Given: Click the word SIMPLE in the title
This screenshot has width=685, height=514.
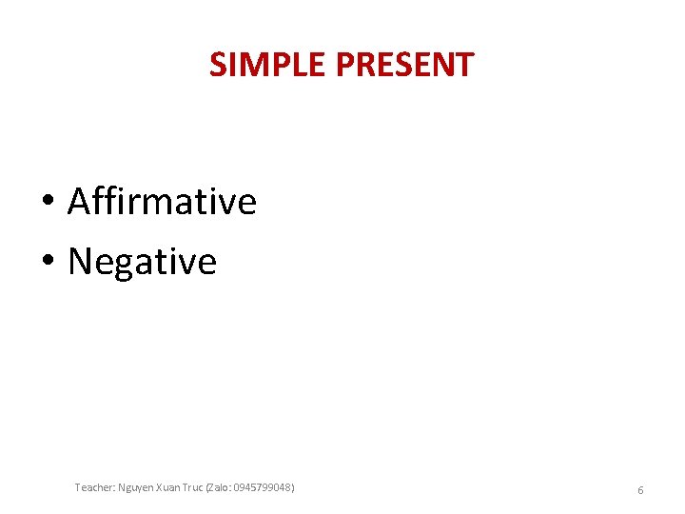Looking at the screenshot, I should [x=269, y=65].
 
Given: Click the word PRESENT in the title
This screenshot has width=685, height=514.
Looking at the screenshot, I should [x=405, y=65].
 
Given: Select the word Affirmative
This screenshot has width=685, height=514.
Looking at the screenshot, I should [x=162, y=202].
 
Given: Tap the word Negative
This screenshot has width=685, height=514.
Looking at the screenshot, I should [x=142, y=261].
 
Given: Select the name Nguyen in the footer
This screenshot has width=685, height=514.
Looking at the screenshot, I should [x=137, y=487].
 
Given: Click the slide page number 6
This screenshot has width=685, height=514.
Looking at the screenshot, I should [x=640, y=489].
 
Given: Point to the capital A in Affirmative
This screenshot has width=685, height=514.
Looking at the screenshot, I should [x=79, y=202].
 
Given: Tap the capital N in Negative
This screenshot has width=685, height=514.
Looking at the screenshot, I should [x=80, y=261].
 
